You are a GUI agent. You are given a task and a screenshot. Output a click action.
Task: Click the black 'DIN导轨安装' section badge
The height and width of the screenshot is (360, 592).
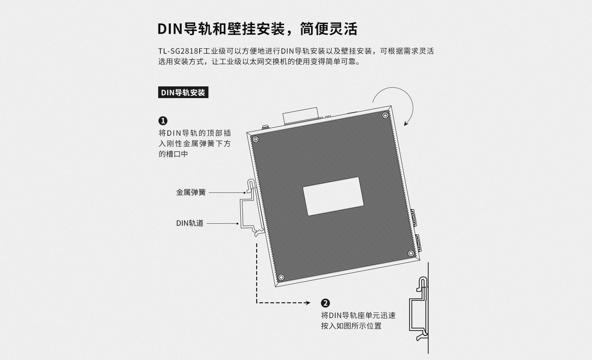183,92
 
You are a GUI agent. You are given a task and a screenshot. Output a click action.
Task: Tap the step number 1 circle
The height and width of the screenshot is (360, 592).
163,121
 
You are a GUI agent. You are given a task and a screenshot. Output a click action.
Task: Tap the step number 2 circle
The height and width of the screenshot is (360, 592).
325,303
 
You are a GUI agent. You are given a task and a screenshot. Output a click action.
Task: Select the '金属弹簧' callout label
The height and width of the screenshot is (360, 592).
191,192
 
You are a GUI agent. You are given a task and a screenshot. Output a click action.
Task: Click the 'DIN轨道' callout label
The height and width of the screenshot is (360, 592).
190,223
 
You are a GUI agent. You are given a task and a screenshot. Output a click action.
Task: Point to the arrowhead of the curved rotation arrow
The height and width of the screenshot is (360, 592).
406,123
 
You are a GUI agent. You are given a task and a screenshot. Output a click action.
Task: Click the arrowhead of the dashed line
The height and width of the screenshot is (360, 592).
308,303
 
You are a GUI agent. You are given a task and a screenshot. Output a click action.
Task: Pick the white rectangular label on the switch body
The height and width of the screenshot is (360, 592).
333,196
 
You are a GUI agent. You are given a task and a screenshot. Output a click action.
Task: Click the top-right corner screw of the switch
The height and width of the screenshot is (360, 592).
385,115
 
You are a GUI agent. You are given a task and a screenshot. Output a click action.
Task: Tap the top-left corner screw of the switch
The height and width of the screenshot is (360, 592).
255,139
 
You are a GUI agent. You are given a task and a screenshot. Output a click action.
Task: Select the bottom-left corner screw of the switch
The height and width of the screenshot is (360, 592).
281,277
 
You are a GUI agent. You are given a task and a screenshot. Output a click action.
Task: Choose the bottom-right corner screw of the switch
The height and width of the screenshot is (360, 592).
411,253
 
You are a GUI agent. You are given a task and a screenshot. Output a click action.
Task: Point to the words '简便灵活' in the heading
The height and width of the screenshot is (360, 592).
329,29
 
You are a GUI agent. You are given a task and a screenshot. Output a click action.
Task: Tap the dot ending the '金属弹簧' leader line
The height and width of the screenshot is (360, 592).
245,193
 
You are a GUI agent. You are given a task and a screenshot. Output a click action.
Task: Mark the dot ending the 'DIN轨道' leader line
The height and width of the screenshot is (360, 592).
237,223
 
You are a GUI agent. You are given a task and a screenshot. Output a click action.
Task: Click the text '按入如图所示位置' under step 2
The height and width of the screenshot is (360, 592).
351,326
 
